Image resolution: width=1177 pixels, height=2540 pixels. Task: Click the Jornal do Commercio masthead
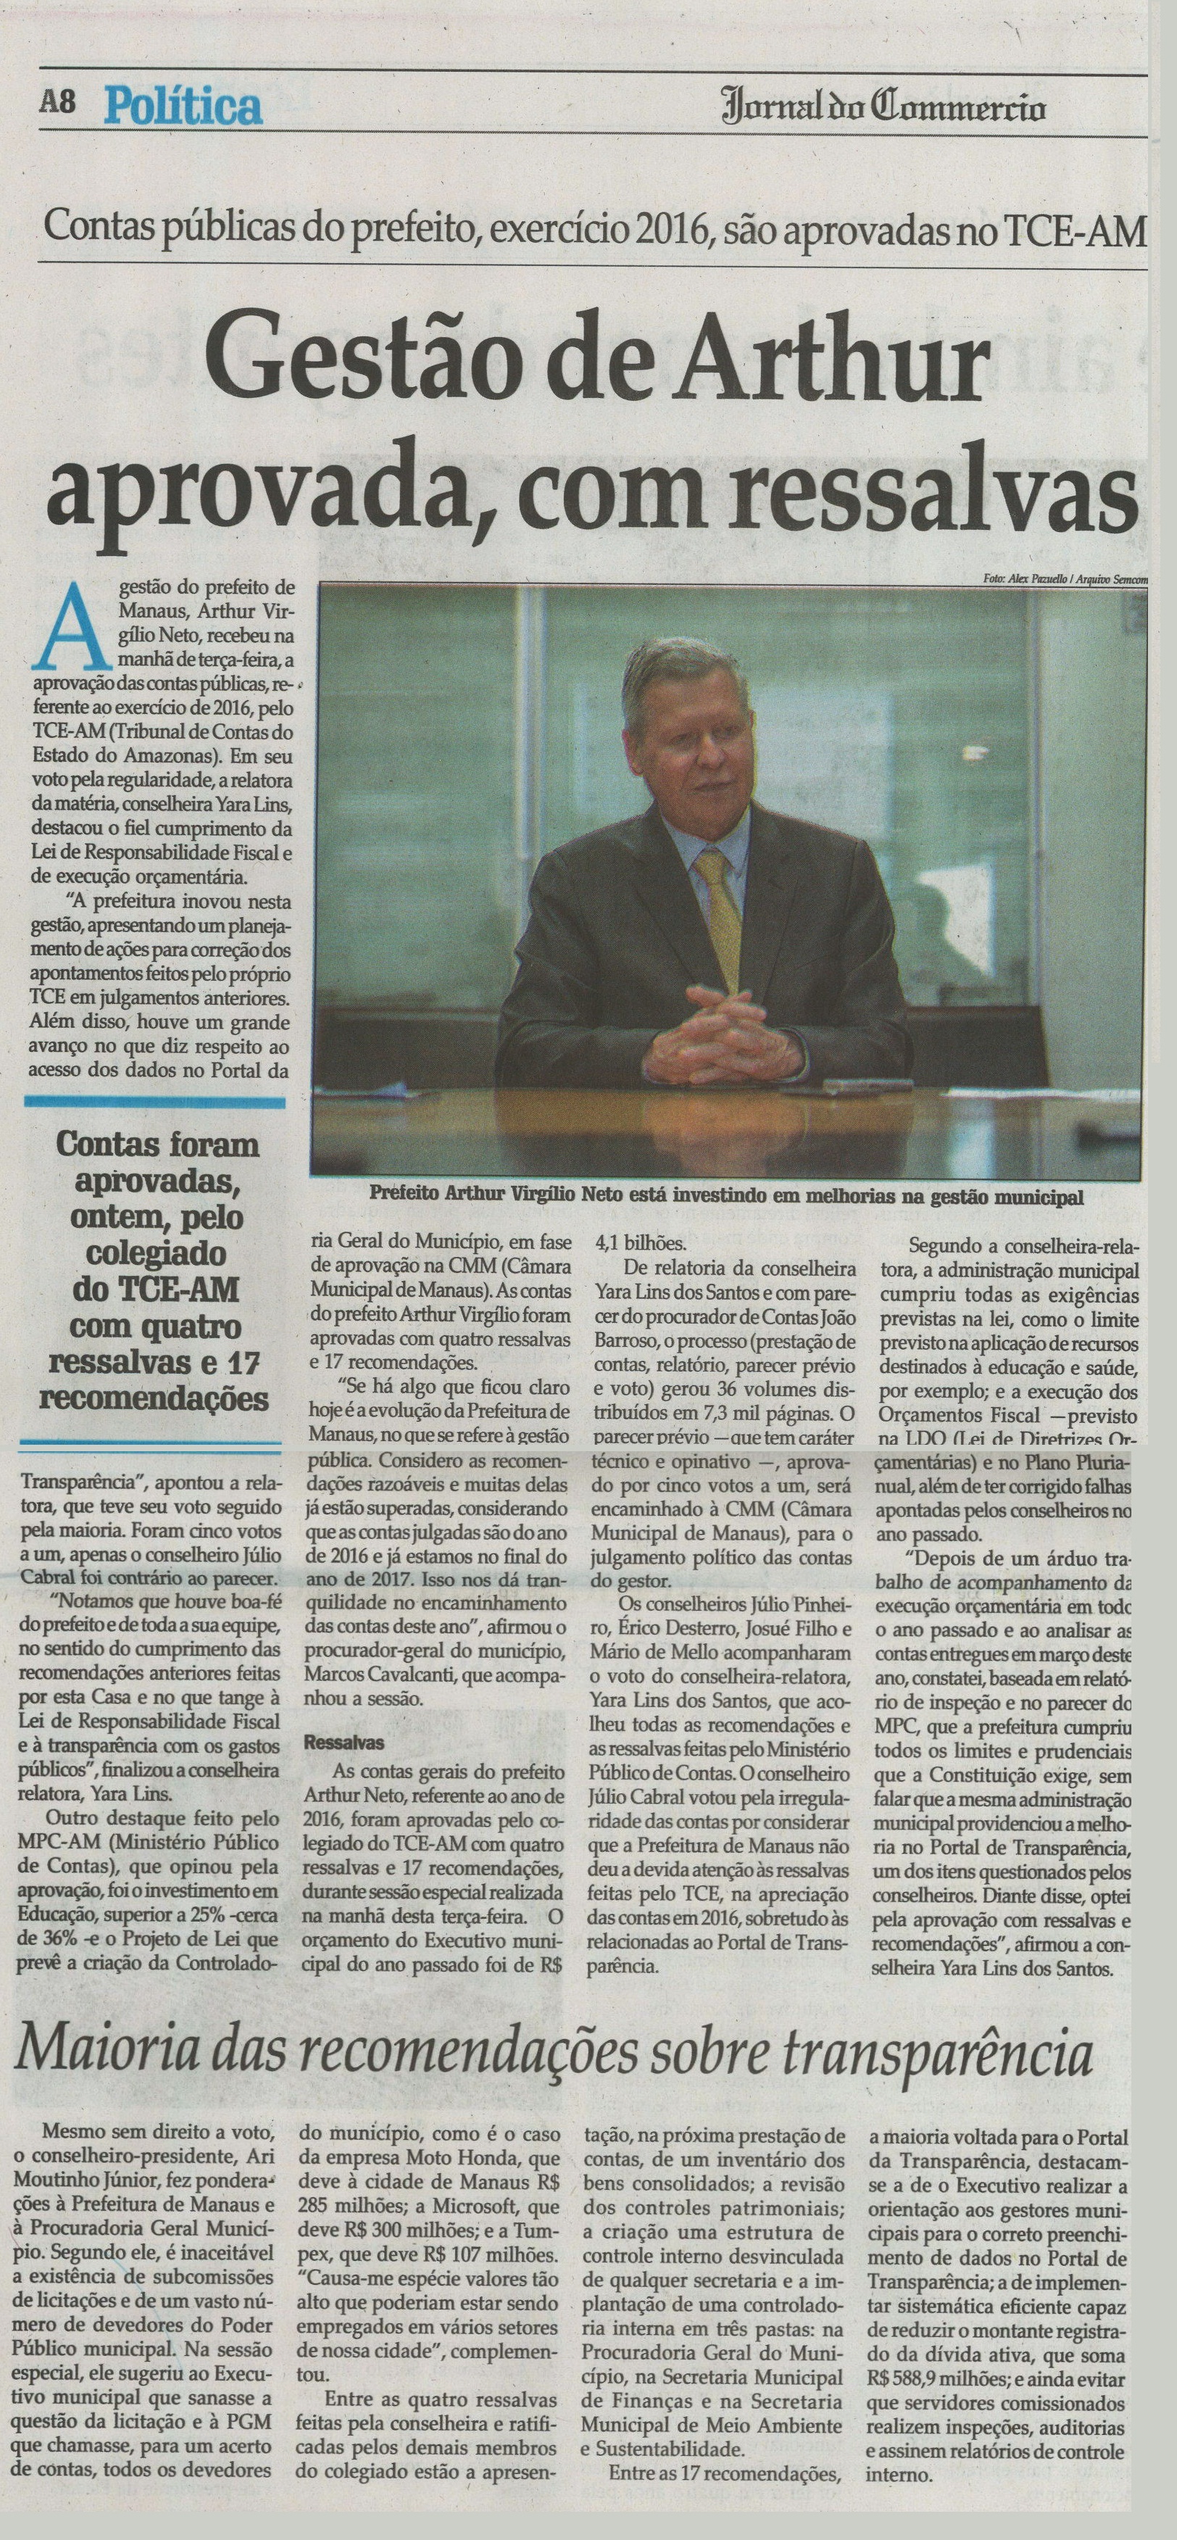point(883,107)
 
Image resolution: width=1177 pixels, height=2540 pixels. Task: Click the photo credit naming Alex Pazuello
point(1065,578)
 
